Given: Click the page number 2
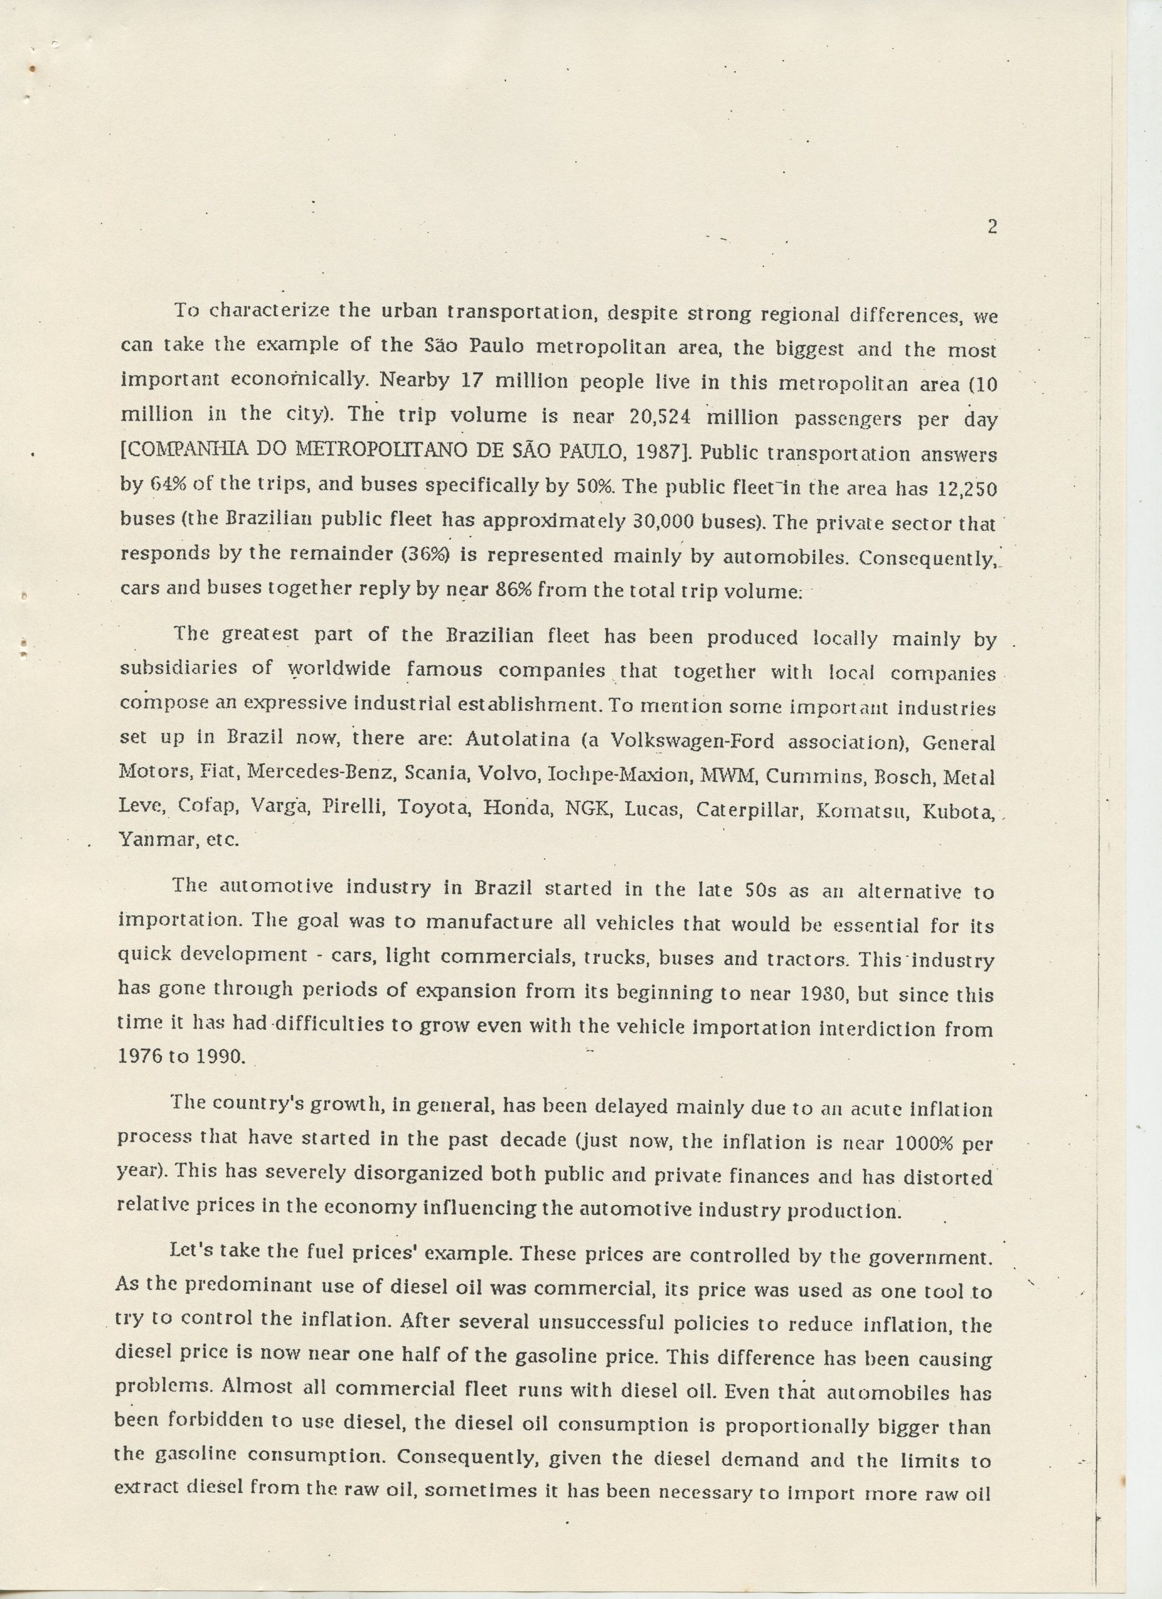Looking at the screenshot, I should (991, 227).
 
